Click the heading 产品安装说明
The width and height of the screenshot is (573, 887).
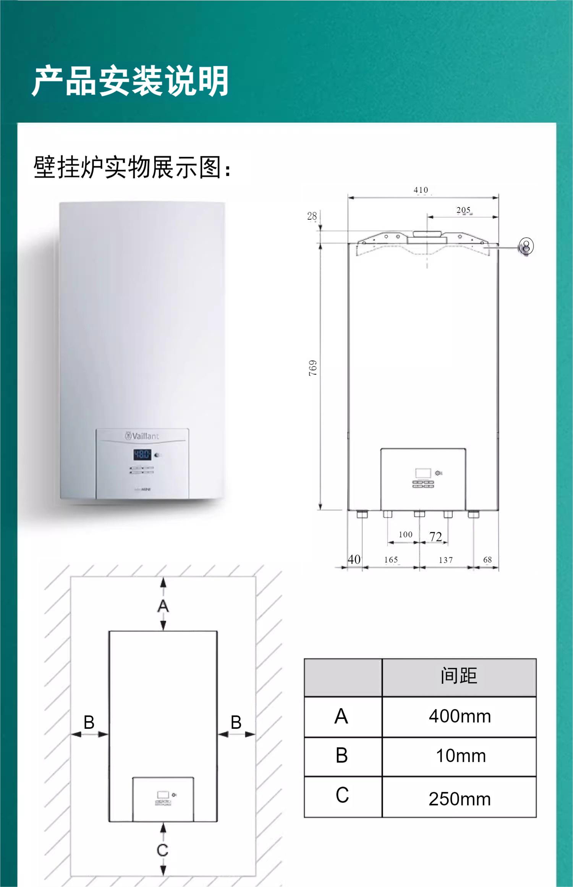pyautogui.click(x=130, y=81)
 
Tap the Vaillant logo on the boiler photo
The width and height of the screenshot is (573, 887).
pyautogui.click(x=142, y=436)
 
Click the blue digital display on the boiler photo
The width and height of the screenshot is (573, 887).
pyautogui.click(x=142, y=455)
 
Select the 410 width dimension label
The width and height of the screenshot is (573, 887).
pyautogui.click(x=421, y=190)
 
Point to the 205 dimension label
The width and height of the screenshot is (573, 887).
pyautogui.click(x=463, y=210)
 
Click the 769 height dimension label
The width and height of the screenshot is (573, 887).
pyautogui.click(x=313, y=368)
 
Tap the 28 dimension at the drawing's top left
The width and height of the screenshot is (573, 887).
pyautogui.click(x=312, y=216)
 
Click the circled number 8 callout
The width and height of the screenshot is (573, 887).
pyautogui.click(x=526, y=246)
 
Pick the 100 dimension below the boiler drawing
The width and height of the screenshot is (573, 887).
pyautogui.click(x=405, y=534)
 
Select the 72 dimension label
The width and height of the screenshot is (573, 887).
pyautogui.click(x=435, y=536)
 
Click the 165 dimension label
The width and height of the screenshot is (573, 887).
pyautogui.click(x=391, y=560)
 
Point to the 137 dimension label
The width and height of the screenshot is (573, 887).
pyautogui.click(x=445, y=560)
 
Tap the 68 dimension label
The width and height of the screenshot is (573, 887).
pyautogui.click(x=487, y=560)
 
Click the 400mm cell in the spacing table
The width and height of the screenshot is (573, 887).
pyautogui.click(x=460, y=716)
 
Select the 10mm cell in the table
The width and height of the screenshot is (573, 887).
pyautogui.click(x=461, y=756)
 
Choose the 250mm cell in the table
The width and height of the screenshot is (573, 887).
pyautogui.click(x=460, y=799)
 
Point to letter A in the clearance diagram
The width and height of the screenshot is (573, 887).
pyautogui.click(x=163, y=606)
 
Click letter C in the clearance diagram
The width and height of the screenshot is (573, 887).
pyautogui.click(x=162, y=850)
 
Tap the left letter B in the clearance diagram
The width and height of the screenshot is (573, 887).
pyautogui.click(x=89, y=722)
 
